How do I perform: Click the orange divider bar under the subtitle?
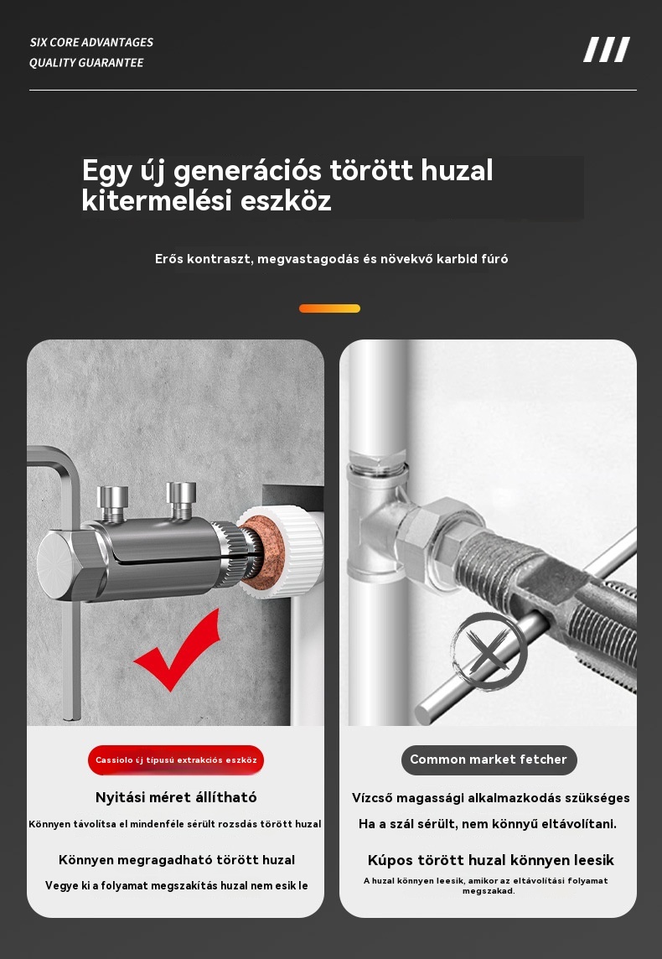coord(329,308)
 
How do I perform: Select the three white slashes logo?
coord(607,49)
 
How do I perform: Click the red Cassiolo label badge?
coord(176,760)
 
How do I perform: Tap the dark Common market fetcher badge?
coord(489,759)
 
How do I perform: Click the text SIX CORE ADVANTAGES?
coord(91,42)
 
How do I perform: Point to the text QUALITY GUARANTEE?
coord(86,62)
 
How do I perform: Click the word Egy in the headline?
coord(106,171)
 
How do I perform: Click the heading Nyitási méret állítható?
coord(176,797)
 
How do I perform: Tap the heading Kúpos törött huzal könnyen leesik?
coord(491,860)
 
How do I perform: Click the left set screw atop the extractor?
coord(112,503)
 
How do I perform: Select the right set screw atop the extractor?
coord(182,499)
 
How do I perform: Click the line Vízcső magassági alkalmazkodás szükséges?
coord(491,797)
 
